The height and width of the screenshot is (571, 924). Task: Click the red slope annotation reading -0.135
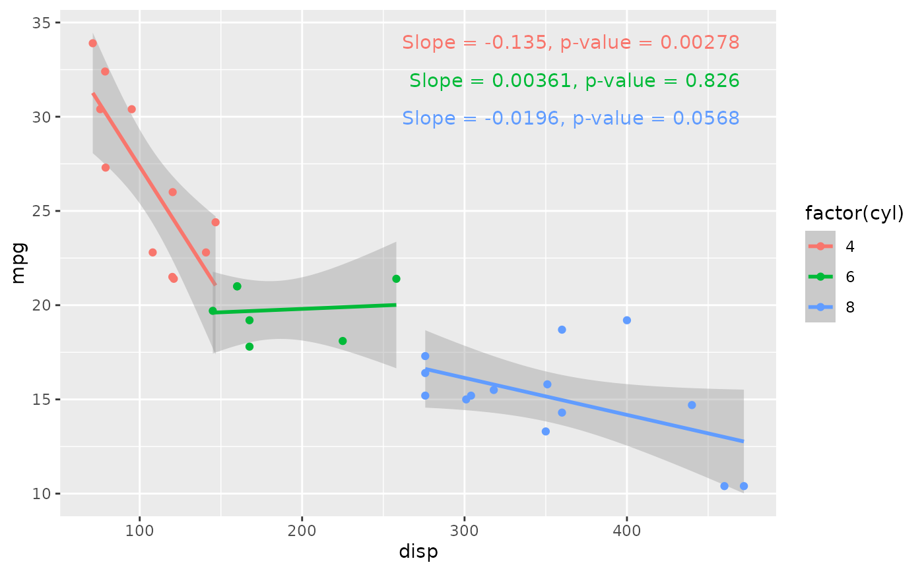tap(570, 43)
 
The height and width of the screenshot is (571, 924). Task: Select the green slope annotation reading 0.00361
tap(574, 81)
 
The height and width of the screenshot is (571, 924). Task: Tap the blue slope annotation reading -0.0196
tap(570, 119)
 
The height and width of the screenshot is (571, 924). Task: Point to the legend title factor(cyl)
tap(854, 214)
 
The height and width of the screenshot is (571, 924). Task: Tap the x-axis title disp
tap(418, 552)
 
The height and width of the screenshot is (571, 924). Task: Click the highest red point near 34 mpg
tap(93, 44)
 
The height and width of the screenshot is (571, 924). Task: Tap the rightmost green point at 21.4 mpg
tap(396, 279)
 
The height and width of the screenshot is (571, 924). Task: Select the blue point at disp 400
tap(627, 320)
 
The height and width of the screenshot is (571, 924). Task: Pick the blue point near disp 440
tap(692, 405)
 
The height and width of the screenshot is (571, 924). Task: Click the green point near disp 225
tap(343, 341)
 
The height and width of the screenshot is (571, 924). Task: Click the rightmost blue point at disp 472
tap(744, 486)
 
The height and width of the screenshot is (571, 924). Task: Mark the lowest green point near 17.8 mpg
tap(249, 347)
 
